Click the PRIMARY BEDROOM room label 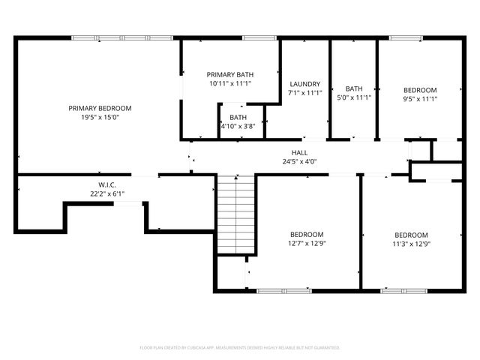click(x=100, y=108)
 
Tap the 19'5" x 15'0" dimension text click(x=100, y=117)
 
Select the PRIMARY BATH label click(x=230, y=74)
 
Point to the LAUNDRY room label click(x=304, y=84)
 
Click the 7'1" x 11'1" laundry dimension click(x=304, y=93)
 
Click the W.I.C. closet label click(x=106, y=184)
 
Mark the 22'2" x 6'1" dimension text click(x=106, y=193)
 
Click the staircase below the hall click(x=236, y=214)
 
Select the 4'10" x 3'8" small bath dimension click(x=238, y=126)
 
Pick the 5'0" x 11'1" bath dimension click(x=353, y=97)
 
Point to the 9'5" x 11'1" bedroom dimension click(x=420, y=98)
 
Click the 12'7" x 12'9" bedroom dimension click(x=307, y=243)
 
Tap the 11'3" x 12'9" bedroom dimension click(x=412, y=243)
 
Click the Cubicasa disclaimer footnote click(x=240, y=348)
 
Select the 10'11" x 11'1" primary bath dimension click(x=230, y=83)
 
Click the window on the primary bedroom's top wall click(x=122, y=37)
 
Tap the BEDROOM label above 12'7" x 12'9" click(x=307, y=234)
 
